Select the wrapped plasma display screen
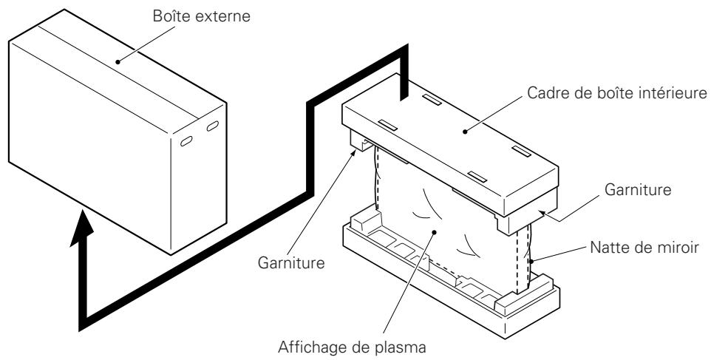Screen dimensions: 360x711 [443, 222]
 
